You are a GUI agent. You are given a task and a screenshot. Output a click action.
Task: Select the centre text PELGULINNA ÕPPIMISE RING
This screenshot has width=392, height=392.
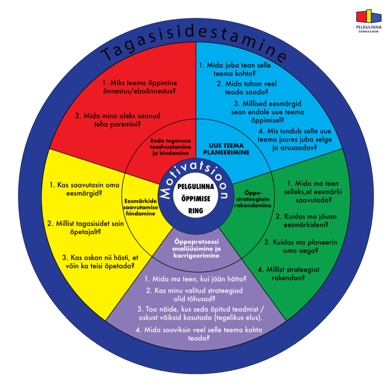tap(196, 198)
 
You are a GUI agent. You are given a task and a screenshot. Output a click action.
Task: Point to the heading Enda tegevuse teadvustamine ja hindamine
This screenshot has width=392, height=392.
tap(168, 147)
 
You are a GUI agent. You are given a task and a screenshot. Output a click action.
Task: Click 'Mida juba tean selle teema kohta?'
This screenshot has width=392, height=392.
tap(235, 69)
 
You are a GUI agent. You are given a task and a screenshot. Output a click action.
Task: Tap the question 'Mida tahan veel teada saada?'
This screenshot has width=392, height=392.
tap(246, 88)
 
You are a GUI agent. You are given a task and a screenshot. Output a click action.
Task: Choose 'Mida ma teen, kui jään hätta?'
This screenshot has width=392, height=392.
tap(195, 279)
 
